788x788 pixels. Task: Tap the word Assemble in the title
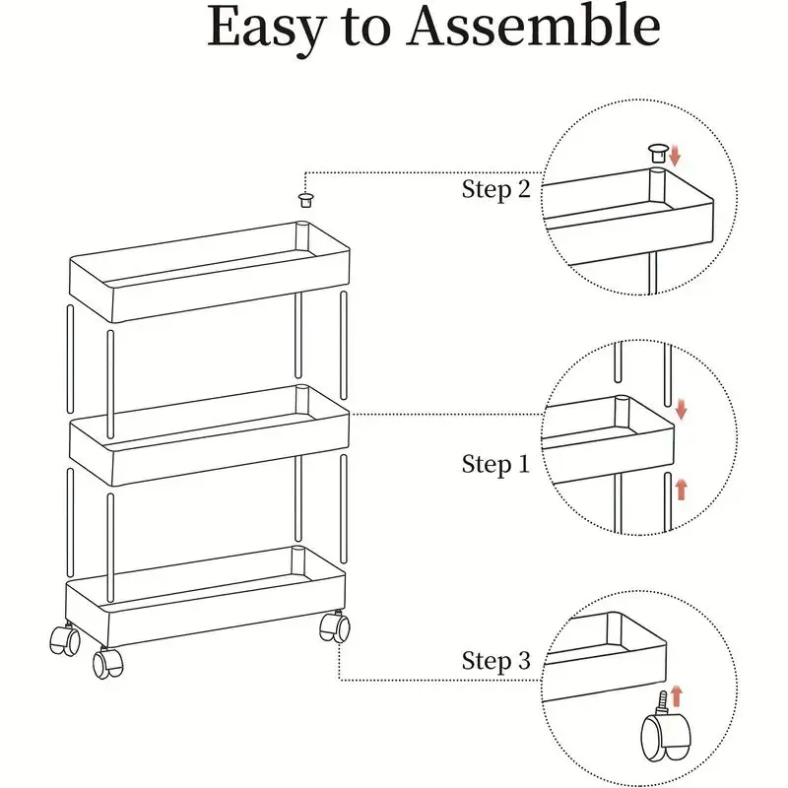click(533, 30)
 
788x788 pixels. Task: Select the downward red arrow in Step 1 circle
click(679, 409)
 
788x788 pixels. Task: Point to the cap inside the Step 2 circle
click(656, 152)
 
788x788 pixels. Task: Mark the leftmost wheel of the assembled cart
click(64, 639)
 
